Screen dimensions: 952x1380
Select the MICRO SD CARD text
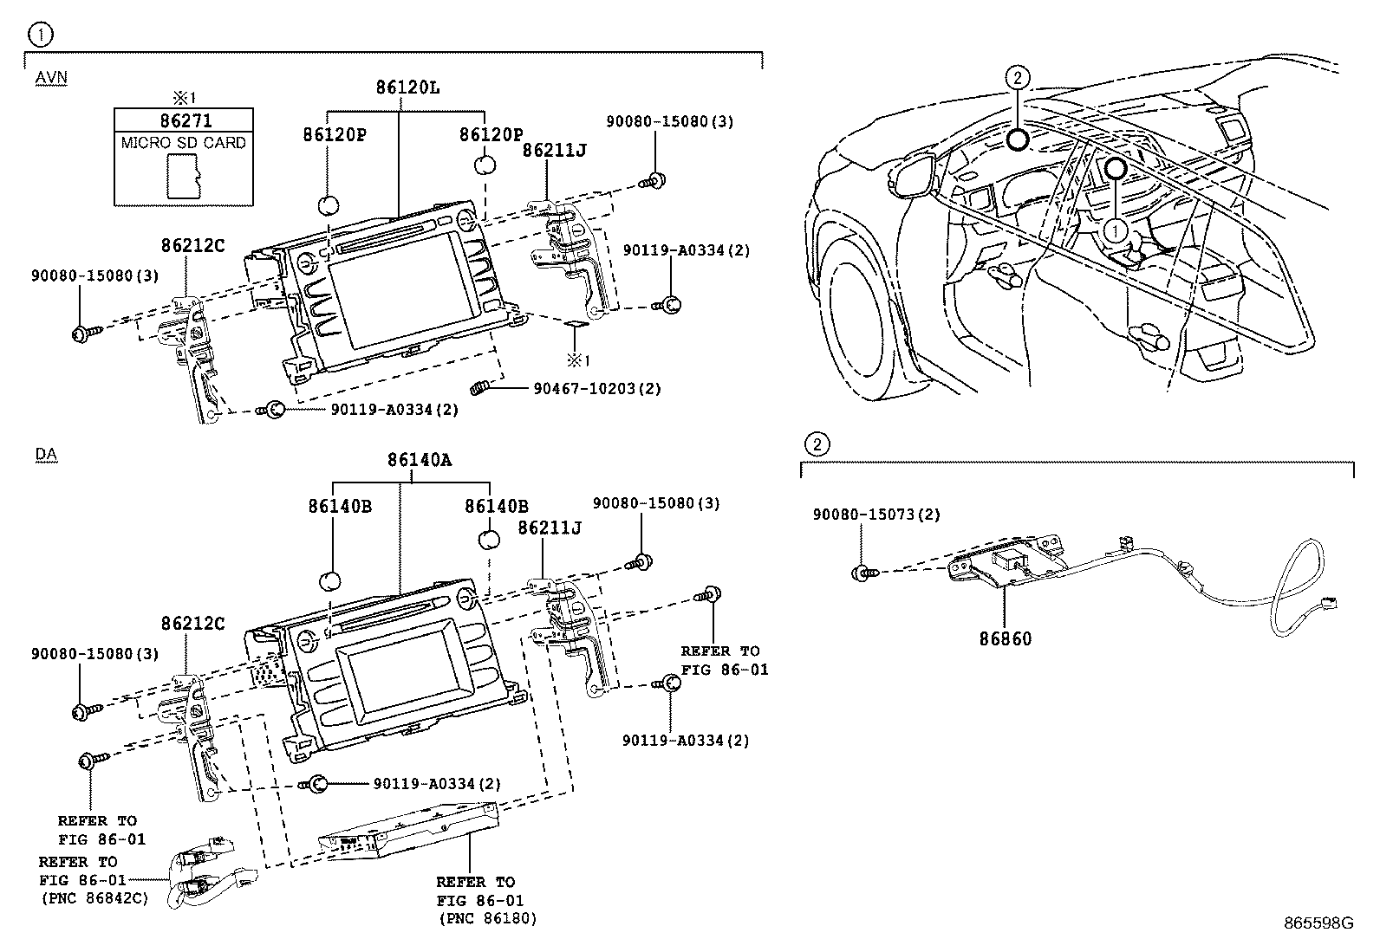click(x=184, y=143)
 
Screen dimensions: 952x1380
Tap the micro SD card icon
click(x=183, y=177)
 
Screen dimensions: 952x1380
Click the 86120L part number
click(x=407, y=87)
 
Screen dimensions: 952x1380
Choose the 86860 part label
click(x=1006, y=638)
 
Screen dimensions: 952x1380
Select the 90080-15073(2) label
click(x=876, y=515)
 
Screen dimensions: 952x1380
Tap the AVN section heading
click(x=51, y=78)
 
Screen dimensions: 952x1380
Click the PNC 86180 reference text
click(x=487, y=918)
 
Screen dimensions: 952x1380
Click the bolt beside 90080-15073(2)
click(x=864, y=572)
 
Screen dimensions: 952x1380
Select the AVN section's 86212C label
click(x=192, y=246)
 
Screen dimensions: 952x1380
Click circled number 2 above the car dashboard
click(x=1018, y=78)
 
